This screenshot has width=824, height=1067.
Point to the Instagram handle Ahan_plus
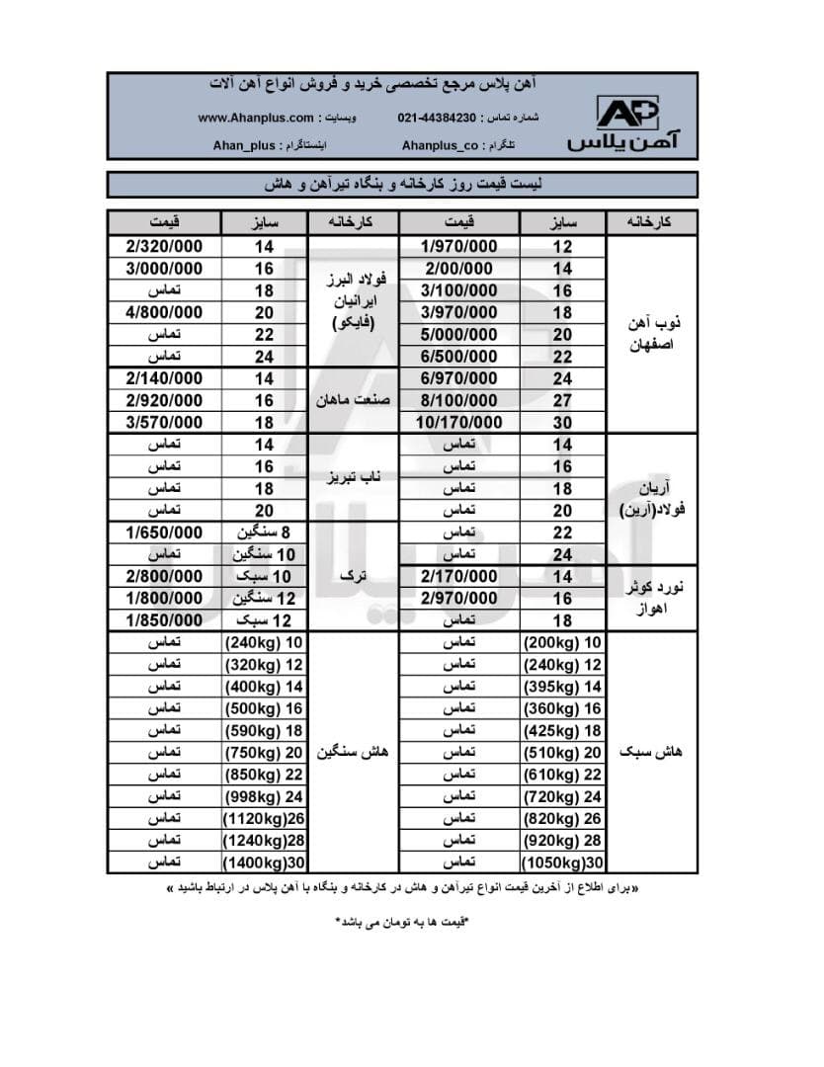[245, 144]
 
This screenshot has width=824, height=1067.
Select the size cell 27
[561, 400]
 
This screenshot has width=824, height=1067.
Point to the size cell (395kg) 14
[561, 687]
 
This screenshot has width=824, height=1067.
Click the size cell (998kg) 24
[264, 796]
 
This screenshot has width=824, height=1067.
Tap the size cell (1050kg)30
[561, 862]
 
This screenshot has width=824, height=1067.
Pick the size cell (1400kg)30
[264, 862]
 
